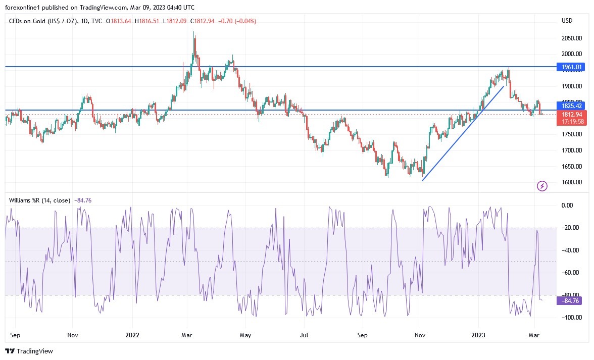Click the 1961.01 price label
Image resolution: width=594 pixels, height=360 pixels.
pyautogui.click(x=569, y=67)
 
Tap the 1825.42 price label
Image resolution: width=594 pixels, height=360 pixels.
pyautogui.click(x=569, y=106)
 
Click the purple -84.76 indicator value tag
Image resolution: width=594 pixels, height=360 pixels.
pyautogui.click(x=569, y=301)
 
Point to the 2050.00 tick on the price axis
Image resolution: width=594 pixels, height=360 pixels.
pyautogui.click(x=572, y=38)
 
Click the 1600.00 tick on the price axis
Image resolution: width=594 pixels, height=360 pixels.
pyautogui.click(x=572, y=182)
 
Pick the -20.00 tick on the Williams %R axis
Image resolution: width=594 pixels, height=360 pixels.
pyautogui.click(x=570, y=228)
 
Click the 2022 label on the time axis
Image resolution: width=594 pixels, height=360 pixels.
pyautogui.click(x=132, y=334)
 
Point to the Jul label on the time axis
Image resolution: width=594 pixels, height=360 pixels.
pyautogui.click(x=305, y=334)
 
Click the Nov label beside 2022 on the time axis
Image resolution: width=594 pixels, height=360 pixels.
pyautogui.click(x=72, y=334)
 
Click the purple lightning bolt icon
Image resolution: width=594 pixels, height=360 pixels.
pyautogui.click(x=542, y=186)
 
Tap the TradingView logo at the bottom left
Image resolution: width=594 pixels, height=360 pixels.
pyautogui.click(x=29, y=351)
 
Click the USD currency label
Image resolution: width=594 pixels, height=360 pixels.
pyautogui.click(x=567, y=21)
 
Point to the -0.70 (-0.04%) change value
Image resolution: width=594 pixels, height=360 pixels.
pyautogui.click(x=238, y=21)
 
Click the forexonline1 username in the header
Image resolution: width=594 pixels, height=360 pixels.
pyautogui.click(x=22, y=7)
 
